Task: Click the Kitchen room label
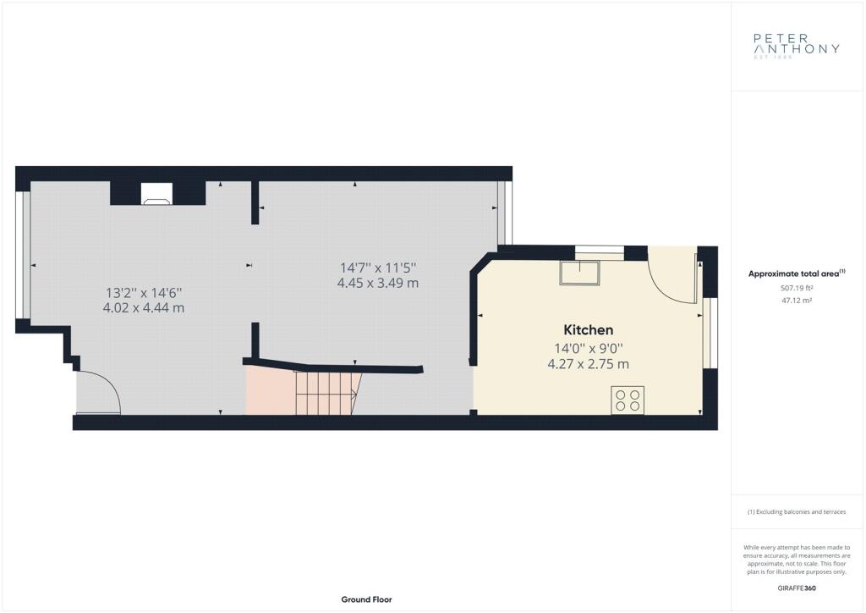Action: point(589,330)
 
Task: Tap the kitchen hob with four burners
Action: point(628,400)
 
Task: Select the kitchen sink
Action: point(579,273)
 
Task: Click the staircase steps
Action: point(326,393)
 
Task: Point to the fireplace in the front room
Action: point(157,193)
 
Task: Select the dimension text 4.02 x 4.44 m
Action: point(144,308)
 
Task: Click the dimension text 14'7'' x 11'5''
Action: point(378,268)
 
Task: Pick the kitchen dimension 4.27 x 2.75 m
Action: point(589,364)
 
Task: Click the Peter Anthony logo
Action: point(797,46)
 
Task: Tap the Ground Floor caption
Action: point(367,599)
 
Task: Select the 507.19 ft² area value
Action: point(797,288)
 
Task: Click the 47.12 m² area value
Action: point(797,301)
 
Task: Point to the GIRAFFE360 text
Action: point(797,588)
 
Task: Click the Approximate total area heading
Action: point(797,273)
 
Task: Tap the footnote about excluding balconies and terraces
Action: point(797,512)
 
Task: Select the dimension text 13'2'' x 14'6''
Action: point(144,292)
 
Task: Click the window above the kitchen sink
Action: point(600,252)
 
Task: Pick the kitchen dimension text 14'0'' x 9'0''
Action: point(589,349)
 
